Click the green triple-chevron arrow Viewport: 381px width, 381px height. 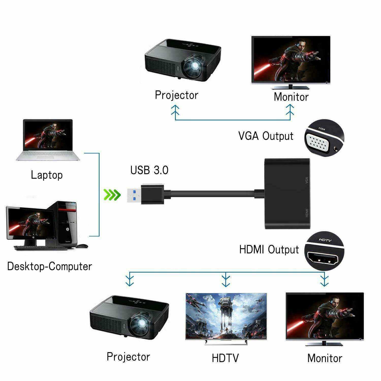112,195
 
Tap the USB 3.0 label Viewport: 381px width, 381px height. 149,170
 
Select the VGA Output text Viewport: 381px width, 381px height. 266,136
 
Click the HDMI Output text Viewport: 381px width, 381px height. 269,249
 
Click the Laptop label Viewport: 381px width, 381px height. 47,175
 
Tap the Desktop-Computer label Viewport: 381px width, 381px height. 50,266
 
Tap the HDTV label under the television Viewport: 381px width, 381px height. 225,358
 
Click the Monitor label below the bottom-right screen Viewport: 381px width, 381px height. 325,358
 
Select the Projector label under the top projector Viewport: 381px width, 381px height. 177,95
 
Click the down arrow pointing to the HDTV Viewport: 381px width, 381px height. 226,281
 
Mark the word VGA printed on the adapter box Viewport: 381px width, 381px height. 307,180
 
